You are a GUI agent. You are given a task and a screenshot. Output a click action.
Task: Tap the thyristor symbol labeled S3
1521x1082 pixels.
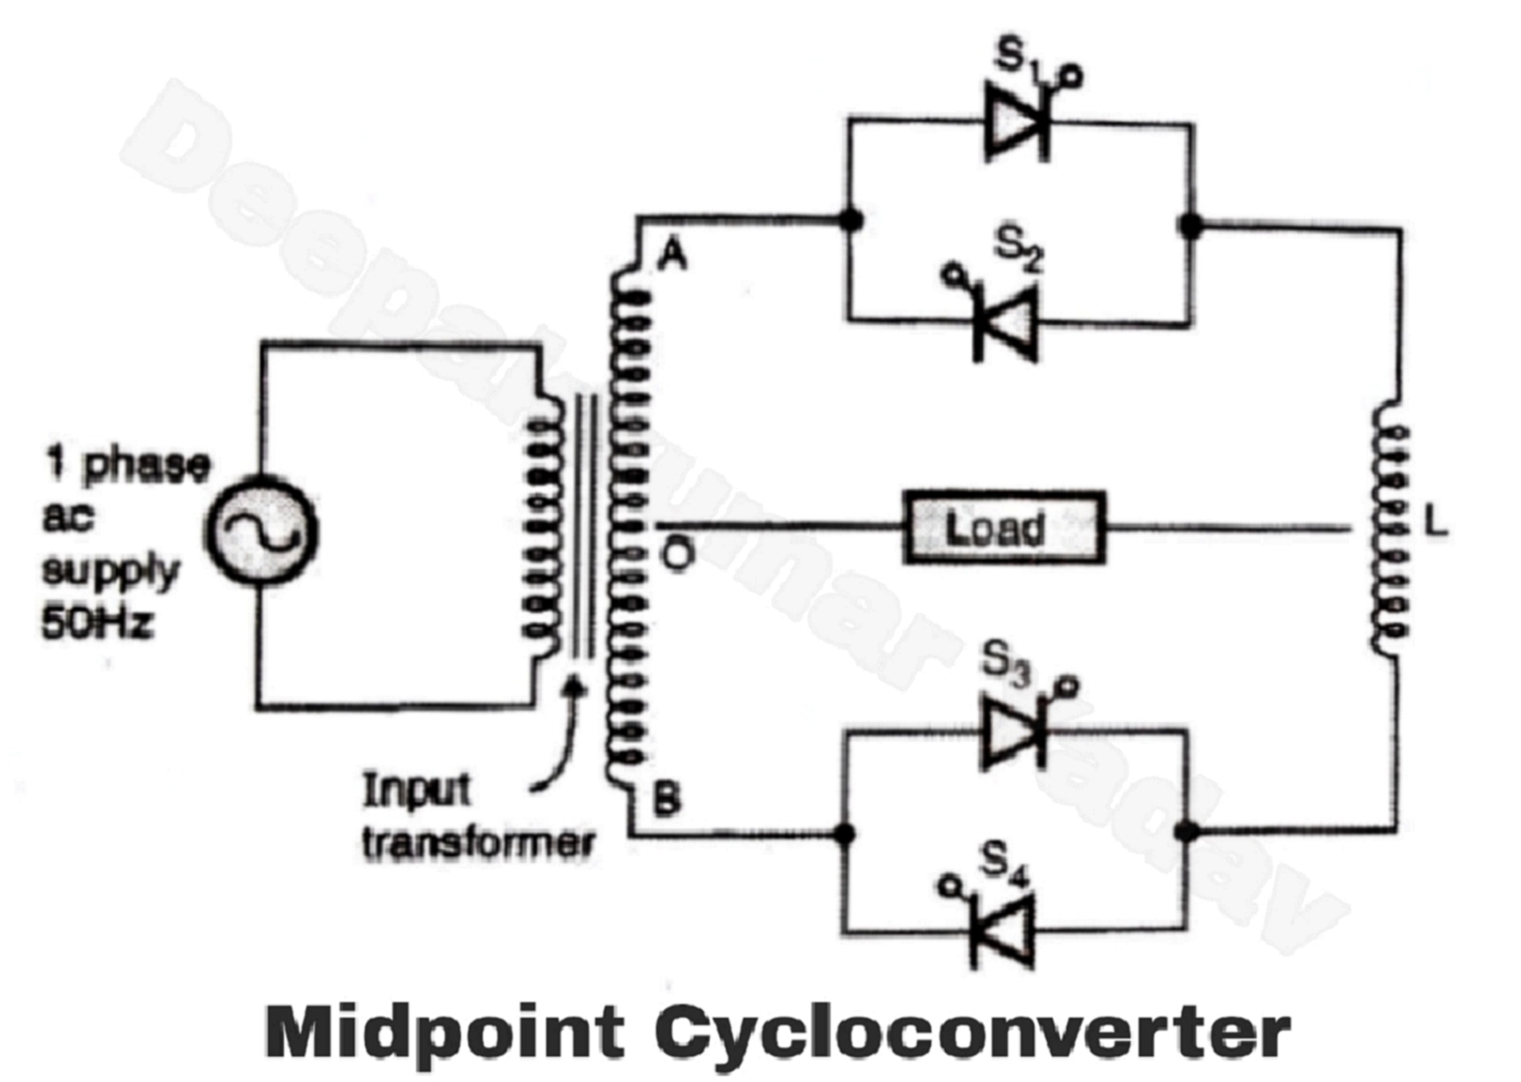coord(1013,732)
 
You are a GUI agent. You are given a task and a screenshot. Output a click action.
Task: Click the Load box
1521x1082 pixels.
coord(1004,527)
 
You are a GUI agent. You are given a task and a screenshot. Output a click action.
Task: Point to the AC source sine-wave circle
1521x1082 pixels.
coord(262,531)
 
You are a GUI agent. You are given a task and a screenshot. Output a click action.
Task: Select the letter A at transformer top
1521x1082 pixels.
coord(672,256)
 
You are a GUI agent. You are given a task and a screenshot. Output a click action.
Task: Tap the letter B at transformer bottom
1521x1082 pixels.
coord(667,798)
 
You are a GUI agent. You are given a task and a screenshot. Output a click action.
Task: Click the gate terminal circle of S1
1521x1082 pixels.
coord(1072,77)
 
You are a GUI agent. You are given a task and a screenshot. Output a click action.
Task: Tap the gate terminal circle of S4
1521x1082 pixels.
coord(949,886)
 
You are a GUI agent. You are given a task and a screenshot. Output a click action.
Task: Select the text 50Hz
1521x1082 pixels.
coord(97,622)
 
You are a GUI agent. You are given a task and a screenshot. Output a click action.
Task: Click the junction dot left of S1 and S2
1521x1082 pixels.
coord(852,219)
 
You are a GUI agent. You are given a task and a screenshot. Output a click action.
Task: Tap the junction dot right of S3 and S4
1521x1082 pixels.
coord(1188,832)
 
